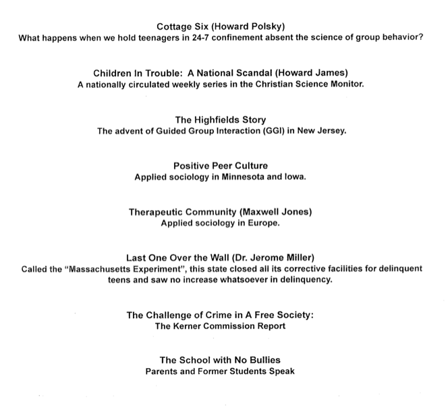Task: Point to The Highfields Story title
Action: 221,120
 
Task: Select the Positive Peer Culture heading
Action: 221,165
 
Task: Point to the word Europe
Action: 266,223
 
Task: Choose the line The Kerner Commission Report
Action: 221,326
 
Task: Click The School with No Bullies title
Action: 221,360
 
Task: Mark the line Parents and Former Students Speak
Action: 221,371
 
